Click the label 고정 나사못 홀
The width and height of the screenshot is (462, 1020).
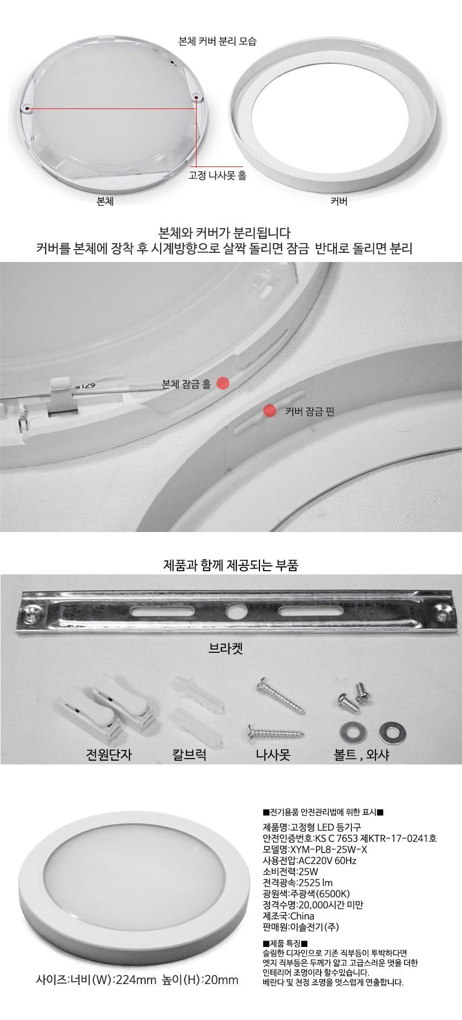(x=218, y=176)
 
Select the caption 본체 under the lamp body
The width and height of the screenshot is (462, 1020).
(x=105, y=201)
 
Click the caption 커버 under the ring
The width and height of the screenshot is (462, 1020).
(x=338, y=201)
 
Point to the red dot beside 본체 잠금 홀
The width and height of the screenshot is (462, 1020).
(x=223, y=383)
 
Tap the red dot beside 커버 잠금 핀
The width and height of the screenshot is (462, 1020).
(x=270, y=411)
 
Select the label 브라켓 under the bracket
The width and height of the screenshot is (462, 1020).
(x=226, y=649)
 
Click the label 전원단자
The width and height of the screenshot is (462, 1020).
(x=109, y=754)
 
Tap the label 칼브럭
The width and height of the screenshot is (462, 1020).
(x=189, y=754)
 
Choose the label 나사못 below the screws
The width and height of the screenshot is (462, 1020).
(x=273, y=754)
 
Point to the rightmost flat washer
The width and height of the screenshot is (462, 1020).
(x=392, y=732)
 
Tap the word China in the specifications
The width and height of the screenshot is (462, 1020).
(x=302, y=916)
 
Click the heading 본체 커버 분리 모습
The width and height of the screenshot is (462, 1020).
(x=217, y=41)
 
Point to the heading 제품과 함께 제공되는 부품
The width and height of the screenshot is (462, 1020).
(x=230, y=565)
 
